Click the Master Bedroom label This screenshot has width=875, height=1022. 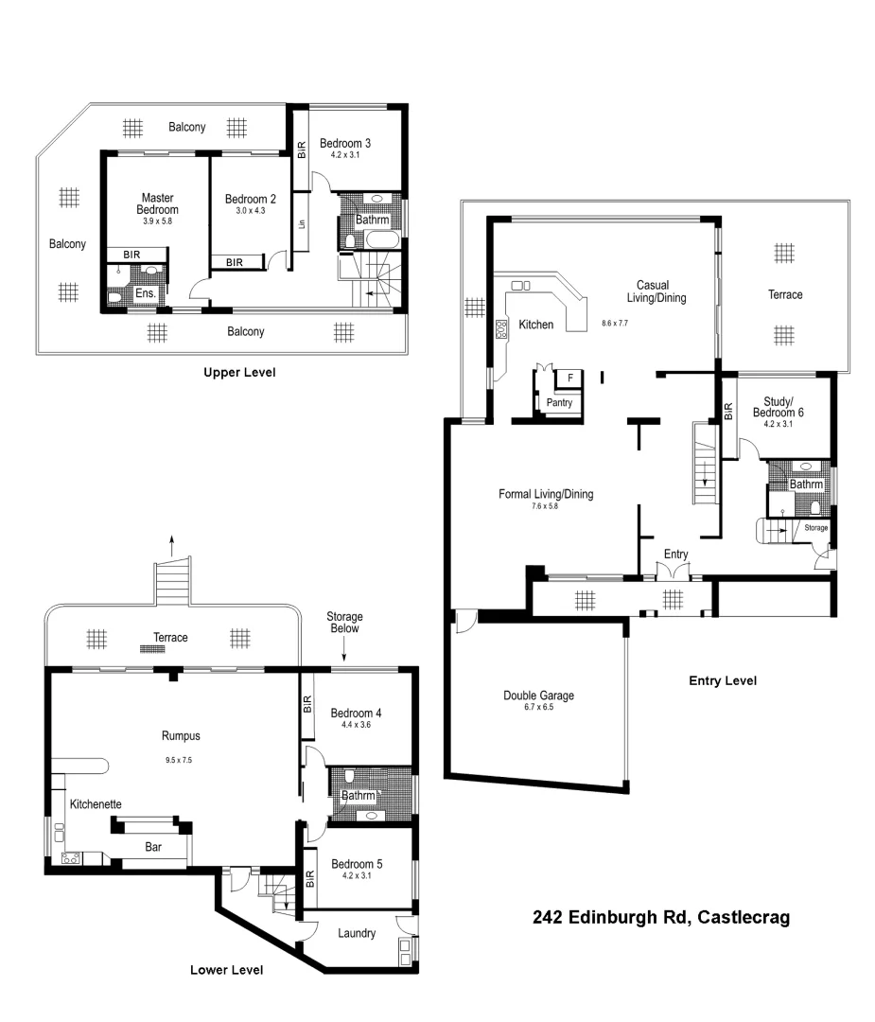click(x=157, y=203)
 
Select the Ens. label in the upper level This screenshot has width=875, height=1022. click(x=146, y=294)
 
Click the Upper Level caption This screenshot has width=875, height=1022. click(x=239, y=372)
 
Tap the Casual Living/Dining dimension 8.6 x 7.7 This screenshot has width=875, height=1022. click(x=615, y=323)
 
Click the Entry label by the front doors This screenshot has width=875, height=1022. click(x=675, y=555)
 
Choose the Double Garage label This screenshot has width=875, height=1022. click(x=538, y=696)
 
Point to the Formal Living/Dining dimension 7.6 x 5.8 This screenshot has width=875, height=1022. click(x=546, y=507)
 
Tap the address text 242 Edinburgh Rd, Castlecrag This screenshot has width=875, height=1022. click(x=661, y=917)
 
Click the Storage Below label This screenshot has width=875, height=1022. click(x=344, y=623)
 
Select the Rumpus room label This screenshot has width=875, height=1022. click(x=181, y=735)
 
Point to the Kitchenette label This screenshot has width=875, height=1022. click(x=96, y=803)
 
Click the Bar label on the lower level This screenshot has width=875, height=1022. click(x=152, y=848)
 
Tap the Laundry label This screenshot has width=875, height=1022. click(x=357, y=933)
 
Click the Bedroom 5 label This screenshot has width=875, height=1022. click(x=356, y=864)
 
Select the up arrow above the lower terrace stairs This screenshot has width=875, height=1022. click(x=171, y=543)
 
